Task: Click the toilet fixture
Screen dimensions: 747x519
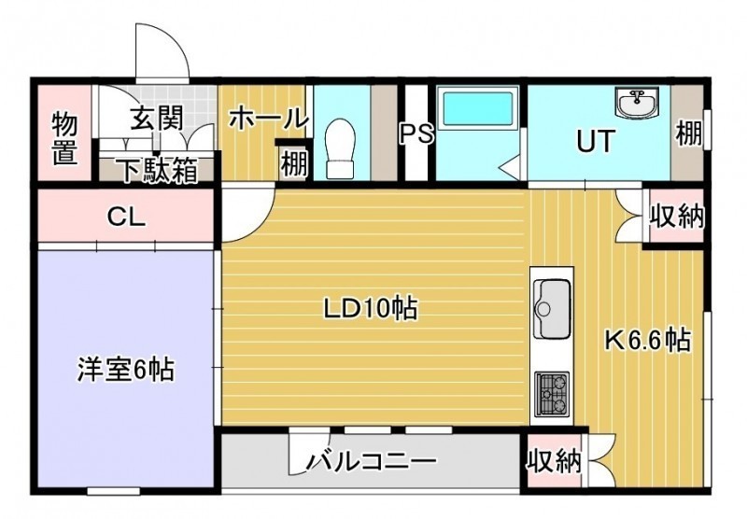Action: coord(341,147)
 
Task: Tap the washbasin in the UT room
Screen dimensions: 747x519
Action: coord(637,102)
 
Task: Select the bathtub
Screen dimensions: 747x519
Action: coord(478,110)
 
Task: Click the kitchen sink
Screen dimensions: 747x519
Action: coord(552,308)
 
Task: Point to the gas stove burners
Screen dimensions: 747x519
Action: coord(552,393)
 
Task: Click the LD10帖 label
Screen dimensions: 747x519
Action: coord(371,309)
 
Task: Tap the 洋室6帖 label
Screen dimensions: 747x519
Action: coord(125,370)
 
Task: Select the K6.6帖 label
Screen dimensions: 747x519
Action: coord(647,340)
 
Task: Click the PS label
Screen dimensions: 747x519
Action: coord(416,133)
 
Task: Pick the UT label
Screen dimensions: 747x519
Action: coord(595,140)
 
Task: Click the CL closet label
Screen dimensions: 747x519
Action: coord(126,217)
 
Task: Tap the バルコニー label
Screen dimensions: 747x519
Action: coord(371,460)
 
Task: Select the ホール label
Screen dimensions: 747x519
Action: coord(266,118)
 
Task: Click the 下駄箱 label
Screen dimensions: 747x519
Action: coord(158,171)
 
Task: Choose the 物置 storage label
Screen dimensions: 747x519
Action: coord(64,138)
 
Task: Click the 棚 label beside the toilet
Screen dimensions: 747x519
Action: coord(294,164)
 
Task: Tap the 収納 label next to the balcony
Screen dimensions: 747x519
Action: coord(554,460)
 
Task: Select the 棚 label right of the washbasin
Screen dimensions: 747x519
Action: coord(689,133)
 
